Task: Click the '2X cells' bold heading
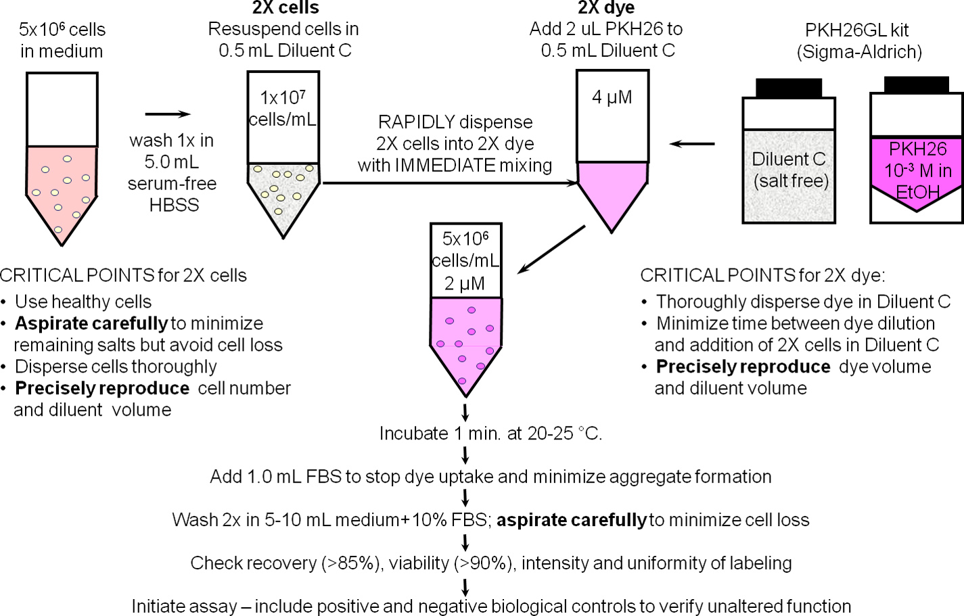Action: [x=285, y=8]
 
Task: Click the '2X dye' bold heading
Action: [x=605, y=8]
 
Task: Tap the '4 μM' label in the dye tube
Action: [x=612, y=97]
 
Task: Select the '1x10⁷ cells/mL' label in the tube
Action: [x=282, y=108]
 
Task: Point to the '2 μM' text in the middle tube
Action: [x=465, y=283]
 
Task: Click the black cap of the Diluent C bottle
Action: [x=788, y=88]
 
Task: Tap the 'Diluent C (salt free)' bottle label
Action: [x=789, y=170]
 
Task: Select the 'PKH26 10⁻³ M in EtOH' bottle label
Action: [x=917, y=170]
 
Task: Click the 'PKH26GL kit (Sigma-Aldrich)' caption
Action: [x=858, y=41]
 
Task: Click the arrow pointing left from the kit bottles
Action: [x=692, y=143]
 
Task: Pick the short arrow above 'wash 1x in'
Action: [x=168, y=114]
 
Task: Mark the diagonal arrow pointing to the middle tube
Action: [x=551, y=250]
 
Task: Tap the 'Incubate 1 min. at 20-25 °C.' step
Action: [x=490, y=433]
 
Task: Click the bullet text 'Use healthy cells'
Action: [x=83, y=302]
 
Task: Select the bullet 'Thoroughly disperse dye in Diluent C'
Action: [x=803, y=302]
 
